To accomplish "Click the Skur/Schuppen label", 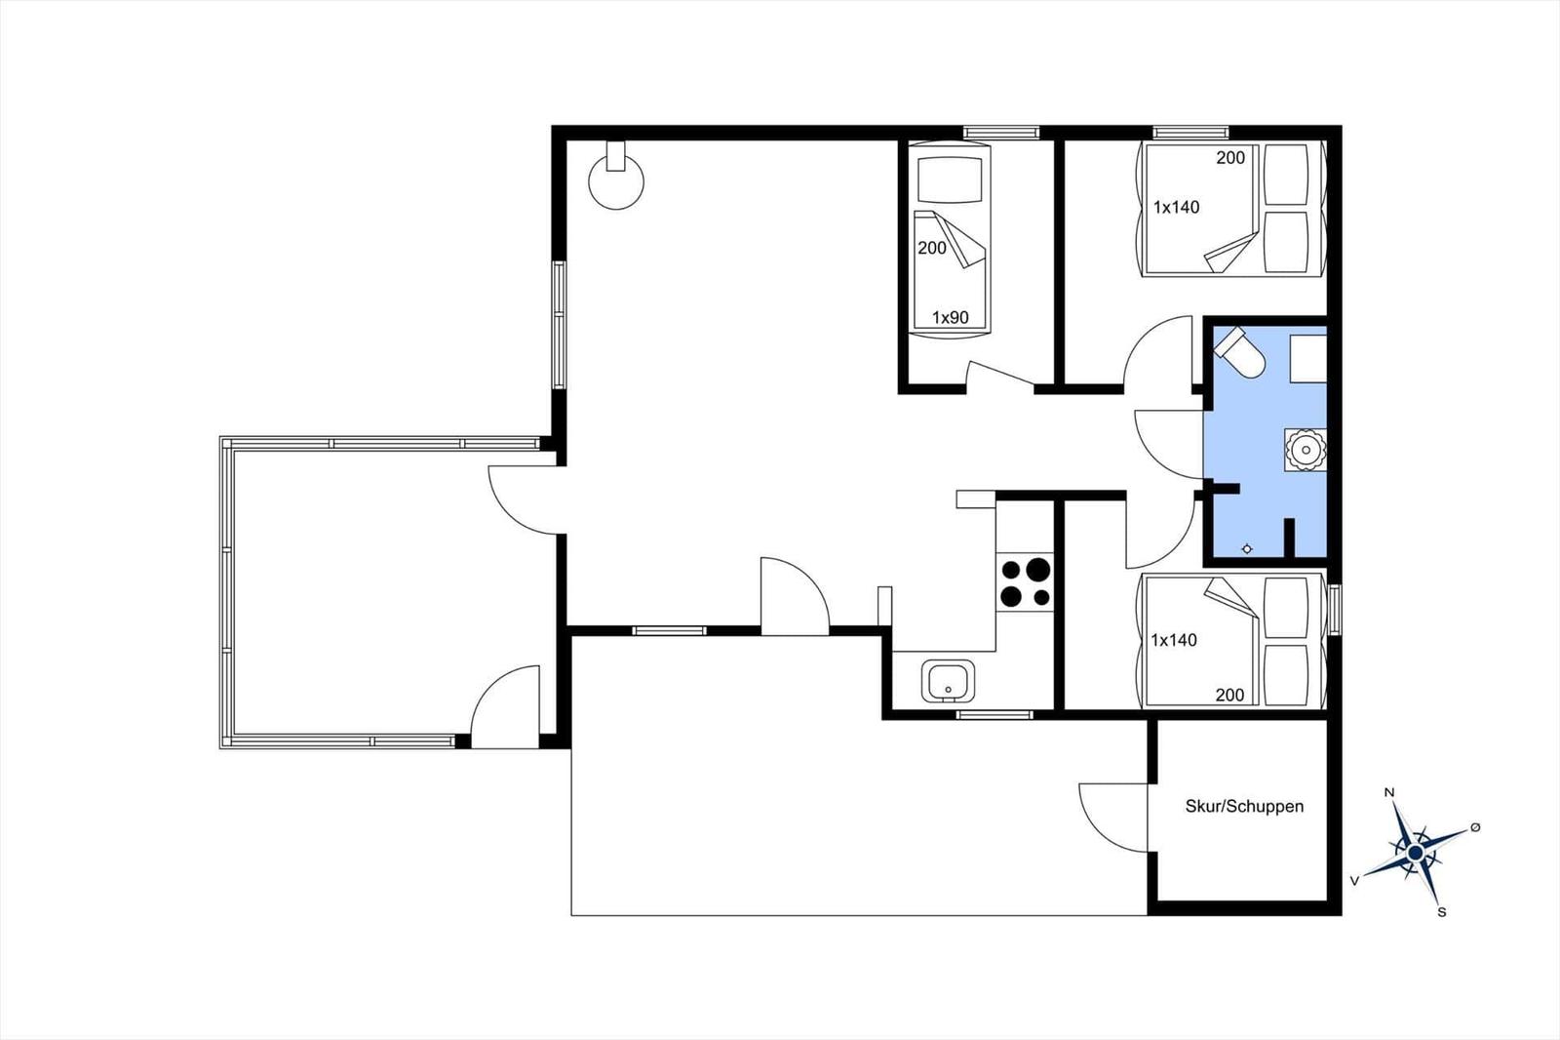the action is click(x=1244, y=807).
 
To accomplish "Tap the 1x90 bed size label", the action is click(x=951, y=318).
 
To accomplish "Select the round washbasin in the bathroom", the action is click(x=1306, y=450).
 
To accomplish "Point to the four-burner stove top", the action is click(x=1025, y=582).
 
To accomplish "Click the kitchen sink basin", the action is click(x=948, y=681).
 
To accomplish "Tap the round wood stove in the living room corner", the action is click(x=616, y=180).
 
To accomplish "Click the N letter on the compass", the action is click(x=1388, y=792).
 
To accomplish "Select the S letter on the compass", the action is click(x=1442, y=912).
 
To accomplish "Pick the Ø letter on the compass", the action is click(x=1474, y=827).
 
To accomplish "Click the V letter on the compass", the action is click(x=1354, y=881).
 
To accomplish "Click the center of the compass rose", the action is click(x=1415, y=853).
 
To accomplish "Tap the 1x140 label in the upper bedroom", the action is click(x=1176, y=207).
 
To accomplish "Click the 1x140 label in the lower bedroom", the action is click(x=1174, y=640).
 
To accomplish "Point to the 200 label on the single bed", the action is click(x=932, y=248).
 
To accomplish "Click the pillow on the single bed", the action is click(x=950, y=180).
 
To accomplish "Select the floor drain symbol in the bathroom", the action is click(x=1247, y=548).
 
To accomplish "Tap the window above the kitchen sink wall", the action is click(x=994, y=714).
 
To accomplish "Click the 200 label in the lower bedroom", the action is click(x=1229, y=695).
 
